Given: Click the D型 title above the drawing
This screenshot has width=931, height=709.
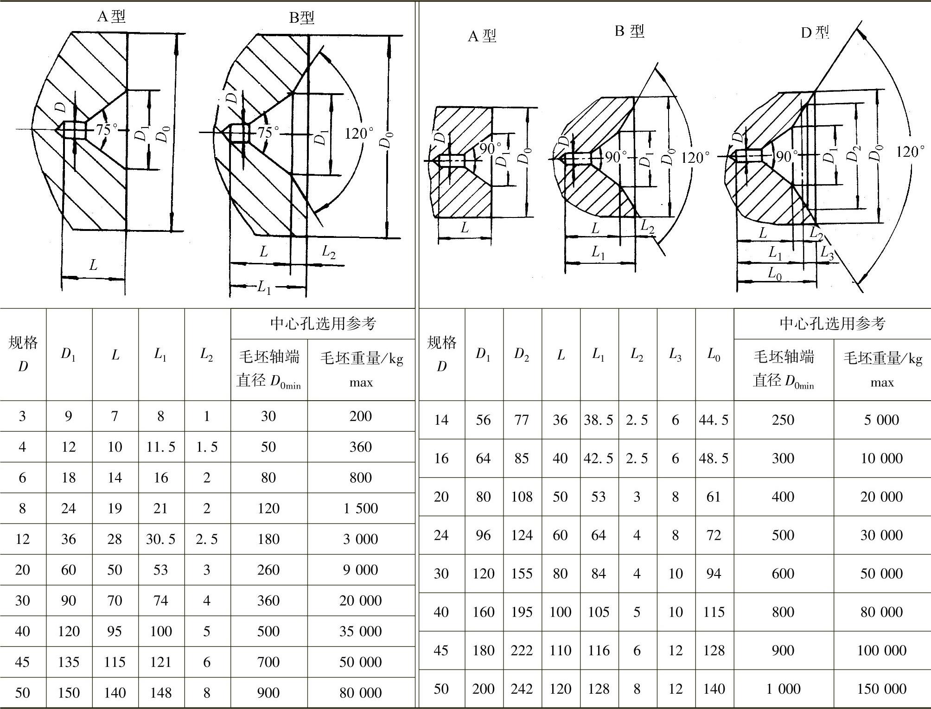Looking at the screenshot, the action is click(x=815, y=32).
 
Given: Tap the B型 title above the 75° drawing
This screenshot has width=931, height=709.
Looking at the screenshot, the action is click(x=302, y=18).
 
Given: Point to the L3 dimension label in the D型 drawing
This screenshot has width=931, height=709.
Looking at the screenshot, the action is click(x=827, y=253).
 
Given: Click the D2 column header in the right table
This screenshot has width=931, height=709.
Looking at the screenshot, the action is click(x=522, y=355).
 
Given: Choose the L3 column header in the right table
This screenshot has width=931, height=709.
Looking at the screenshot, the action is click(x=676, y=355).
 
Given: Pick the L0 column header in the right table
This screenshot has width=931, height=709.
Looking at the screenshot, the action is click(x=714, y=355).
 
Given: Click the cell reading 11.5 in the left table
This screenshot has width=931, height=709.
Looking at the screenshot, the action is click(x=161, y=447).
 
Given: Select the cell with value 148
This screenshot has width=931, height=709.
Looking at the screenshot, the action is click(x=161, y=693).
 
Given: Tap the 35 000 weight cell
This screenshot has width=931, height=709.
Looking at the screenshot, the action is click(x=361, y=631).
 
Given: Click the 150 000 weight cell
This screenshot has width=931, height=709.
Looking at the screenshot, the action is click(x=882, y=689).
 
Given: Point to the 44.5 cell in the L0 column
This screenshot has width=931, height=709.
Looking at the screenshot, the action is click(x=714, y=420).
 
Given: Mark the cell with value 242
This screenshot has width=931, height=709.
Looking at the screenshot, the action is click(x=522, y=689).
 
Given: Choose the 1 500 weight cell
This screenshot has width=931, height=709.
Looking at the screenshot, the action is click(x=361, y=508).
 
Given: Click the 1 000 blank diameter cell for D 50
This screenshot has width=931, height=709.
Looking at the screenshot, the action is click(x=783, y=689).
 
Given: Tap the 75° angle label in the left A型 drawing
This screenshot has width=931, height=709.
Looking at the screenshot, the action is click(x=107, y=130).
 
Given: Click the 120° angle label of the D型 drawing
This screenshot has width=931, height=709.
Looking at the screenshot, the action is click(x=910, y=152).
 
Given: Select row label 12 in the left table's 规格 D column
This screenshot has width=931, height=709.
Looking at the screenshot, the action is click(x=22, y=539).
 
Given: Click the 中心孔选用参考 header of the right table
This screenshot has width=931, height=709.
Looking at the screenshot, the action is click(x=832, y=323).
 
